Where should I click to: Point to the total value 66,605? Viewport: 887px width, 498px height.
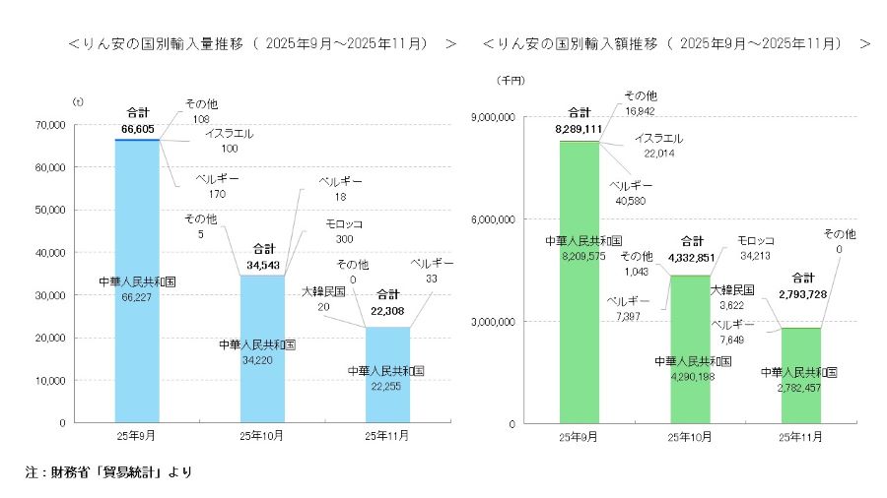[138, 128]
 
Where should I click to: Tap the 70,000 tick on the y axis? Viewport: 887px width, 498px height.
[48, 125]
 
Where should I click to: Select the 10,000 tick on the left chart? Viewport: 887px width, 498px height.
[48, 380]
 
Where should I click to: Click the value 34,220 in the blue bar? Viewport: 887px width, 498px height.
[257, 360]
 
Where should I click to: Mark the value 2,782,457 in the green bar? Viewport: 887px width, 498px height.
[799, 388]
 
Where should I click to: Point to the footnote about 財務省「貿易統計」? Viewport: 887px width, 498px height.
[108, 472]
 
